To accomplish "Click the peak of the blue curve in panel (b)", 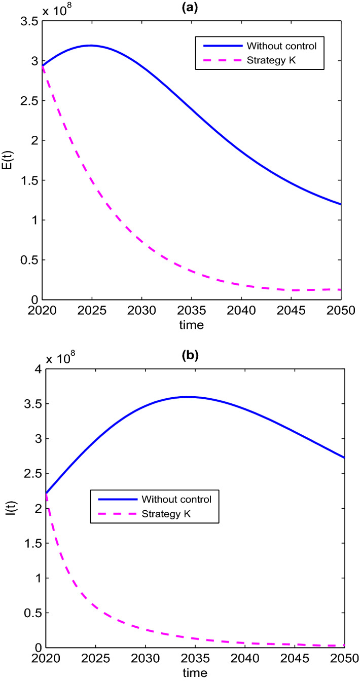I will [188, 397].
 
